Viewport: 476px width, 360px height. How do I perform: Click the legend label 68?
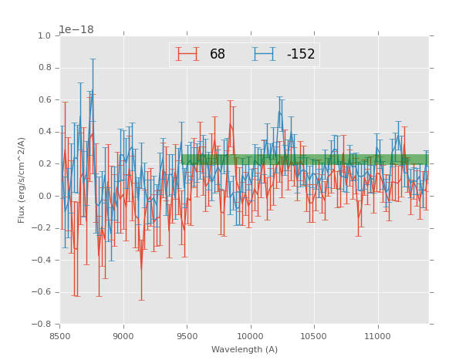coord(218,54)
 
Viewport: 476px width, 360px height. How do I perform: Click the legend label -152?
coord(300,54)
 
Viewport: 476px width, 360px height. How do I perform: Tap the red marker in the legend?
coord(187,54)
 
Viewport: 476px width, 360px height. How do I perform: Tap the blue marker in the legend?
coord(265,54)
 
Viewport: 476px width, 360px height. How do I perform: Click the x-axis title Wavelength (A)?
coord(245,349)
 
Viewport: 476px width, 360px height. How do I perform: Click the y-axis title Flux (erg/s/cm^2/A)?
coord(22,180)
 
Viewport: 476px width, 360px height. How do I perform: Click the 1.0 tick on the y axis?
coord(44,36)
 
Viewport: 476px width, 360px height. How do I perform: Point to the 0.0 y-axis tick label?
coord(44,196)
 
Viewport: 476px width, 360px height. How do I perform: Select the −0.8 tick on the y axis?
coord(42,324)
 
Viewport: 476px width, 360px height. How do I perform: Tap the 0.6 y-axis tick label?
coord(44,100)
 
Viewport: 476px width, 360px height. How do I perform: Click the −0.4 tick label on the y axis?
coord(42,260)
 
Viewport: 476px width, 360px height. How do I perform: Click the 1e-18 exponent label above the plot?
coord(76,29)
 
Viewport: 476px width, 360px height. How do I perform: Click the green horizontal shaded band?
coord(305,160)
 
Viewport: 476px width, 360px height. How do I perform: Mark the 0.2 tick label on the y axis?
coord(44,164)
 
